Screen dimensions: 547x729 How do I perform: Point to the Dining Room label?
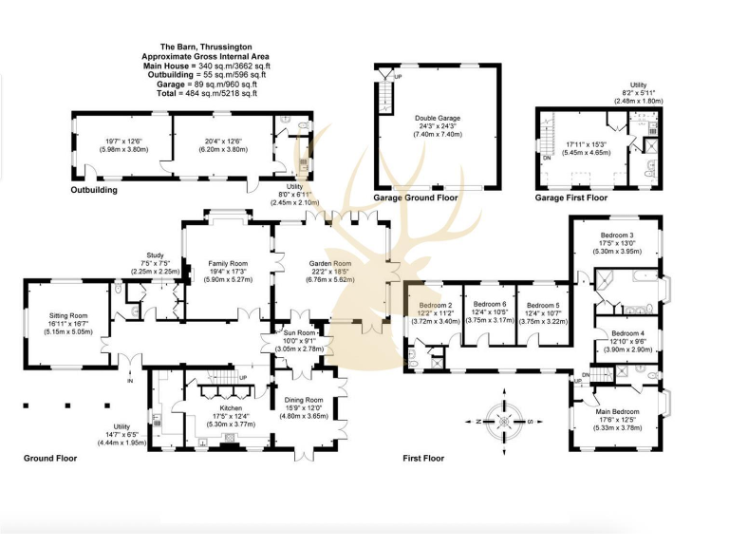pos(302,400)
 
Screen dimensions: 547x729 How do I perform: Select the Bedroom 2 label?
pos(434,305)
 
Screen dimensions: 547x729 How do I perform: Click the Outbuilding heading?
pos(93,190)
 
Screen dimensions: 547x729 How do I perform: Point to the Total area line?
pos(200,93)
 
